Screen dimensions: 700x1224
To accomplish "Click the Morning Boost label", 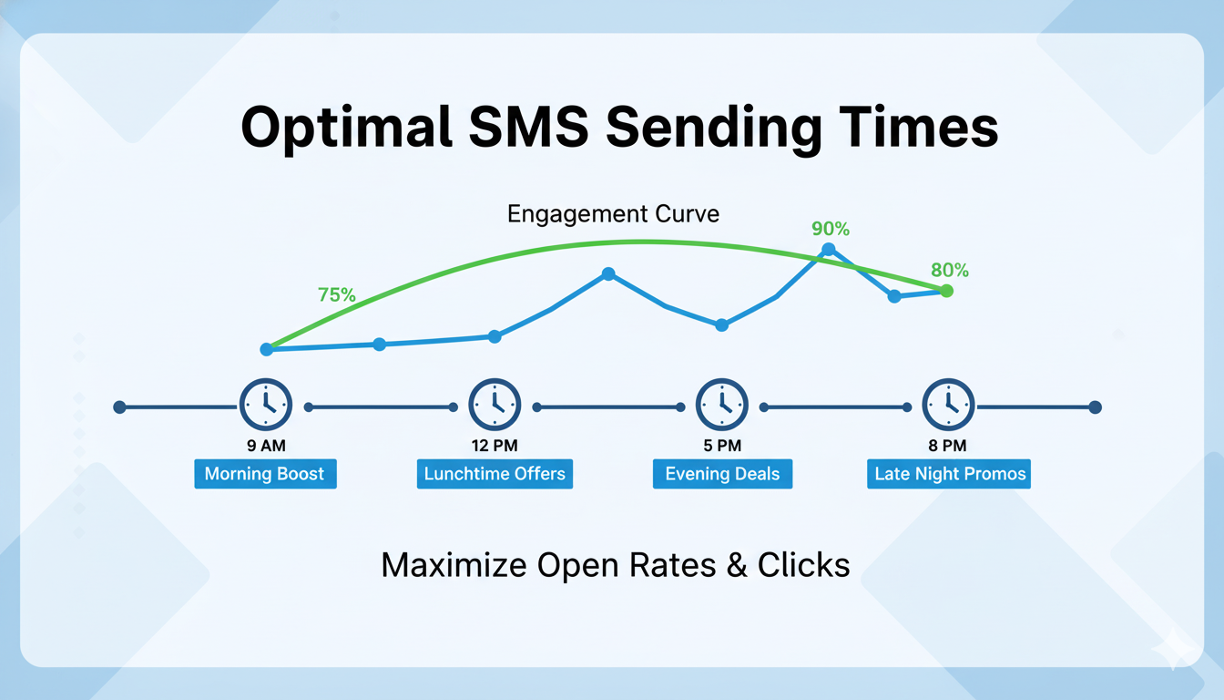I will coord(265,474).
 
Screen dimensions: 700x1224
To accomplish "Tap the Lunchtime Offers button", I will coord(495,474).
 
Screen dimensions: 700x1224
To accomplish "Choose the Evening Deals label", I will coord(722,474).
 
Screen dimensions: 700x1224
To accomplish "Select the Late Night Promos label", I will coord(949,474).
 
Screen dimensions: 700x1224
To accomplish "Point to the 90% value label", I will coord(830,230).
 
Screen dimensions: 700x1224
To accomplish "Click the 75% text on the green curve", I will coord(336,294).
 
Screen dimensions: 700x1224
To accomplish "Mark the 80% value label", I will coord(950,271).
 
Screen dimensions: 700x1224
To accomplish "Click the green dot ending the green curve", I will coord(946,291).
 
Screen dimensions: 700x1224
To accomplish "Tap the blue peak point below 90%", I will coord(829,249).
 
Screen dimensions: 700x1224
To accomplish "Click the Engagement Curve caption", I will coord(613,214).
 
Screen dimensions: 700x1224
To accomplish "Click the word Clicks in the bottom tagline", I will coord(803,565).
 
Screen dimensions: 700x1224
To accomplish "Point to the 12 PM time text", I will coord(495,447).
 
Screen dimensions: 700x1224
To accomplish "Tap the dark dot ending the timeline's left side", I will coord(119,407).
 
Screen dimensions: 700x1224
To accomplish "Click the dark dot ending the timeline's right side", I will coord(1095,407).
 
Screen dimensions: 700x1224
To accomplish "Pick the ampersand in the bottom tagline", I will coord(736,565).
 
